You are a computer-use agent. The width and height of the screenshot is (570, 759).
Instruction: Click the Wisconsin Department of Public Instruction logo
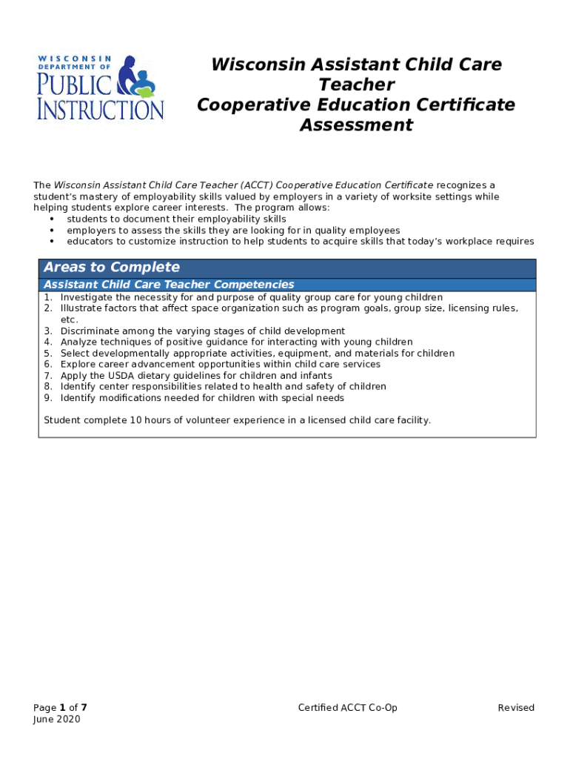[101, 87]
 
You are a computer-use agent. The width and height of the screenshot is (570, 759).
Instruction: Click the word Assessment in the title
[356, 125]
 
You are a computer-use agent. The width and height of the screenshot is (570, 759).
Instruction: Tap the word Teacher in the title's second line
[356, 84]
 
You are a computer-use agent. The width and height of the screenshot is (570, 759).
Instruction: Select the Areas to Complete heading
[112, 268]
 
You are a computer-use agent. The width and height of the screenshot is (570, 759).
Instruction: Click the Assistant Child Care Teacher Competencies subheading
[169, 285]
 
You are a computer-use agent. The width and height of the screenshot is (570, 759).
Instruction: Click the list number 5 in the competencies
[47, 354]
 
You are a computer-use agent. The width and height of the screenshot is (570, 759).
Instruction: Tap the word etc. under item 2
[69, 319]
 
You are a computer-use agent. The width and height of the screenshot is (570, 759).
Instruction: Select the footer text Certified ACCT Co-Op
[348, 708]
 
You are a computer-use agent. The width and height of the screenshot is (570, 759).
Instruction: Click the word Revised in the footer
[516, 708]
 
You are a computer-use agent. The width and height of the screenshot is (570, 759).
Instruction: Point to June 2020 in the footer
[57, 720]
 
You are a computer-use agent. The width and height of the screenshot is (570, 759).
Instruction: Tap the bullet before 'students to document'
[52, 219]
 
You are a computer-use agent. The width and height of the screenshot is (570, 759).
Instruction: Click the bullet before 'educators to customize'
[52, 242]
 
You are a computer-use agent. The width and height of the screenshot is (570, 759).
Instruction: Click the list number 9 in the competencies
[47, 398]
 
